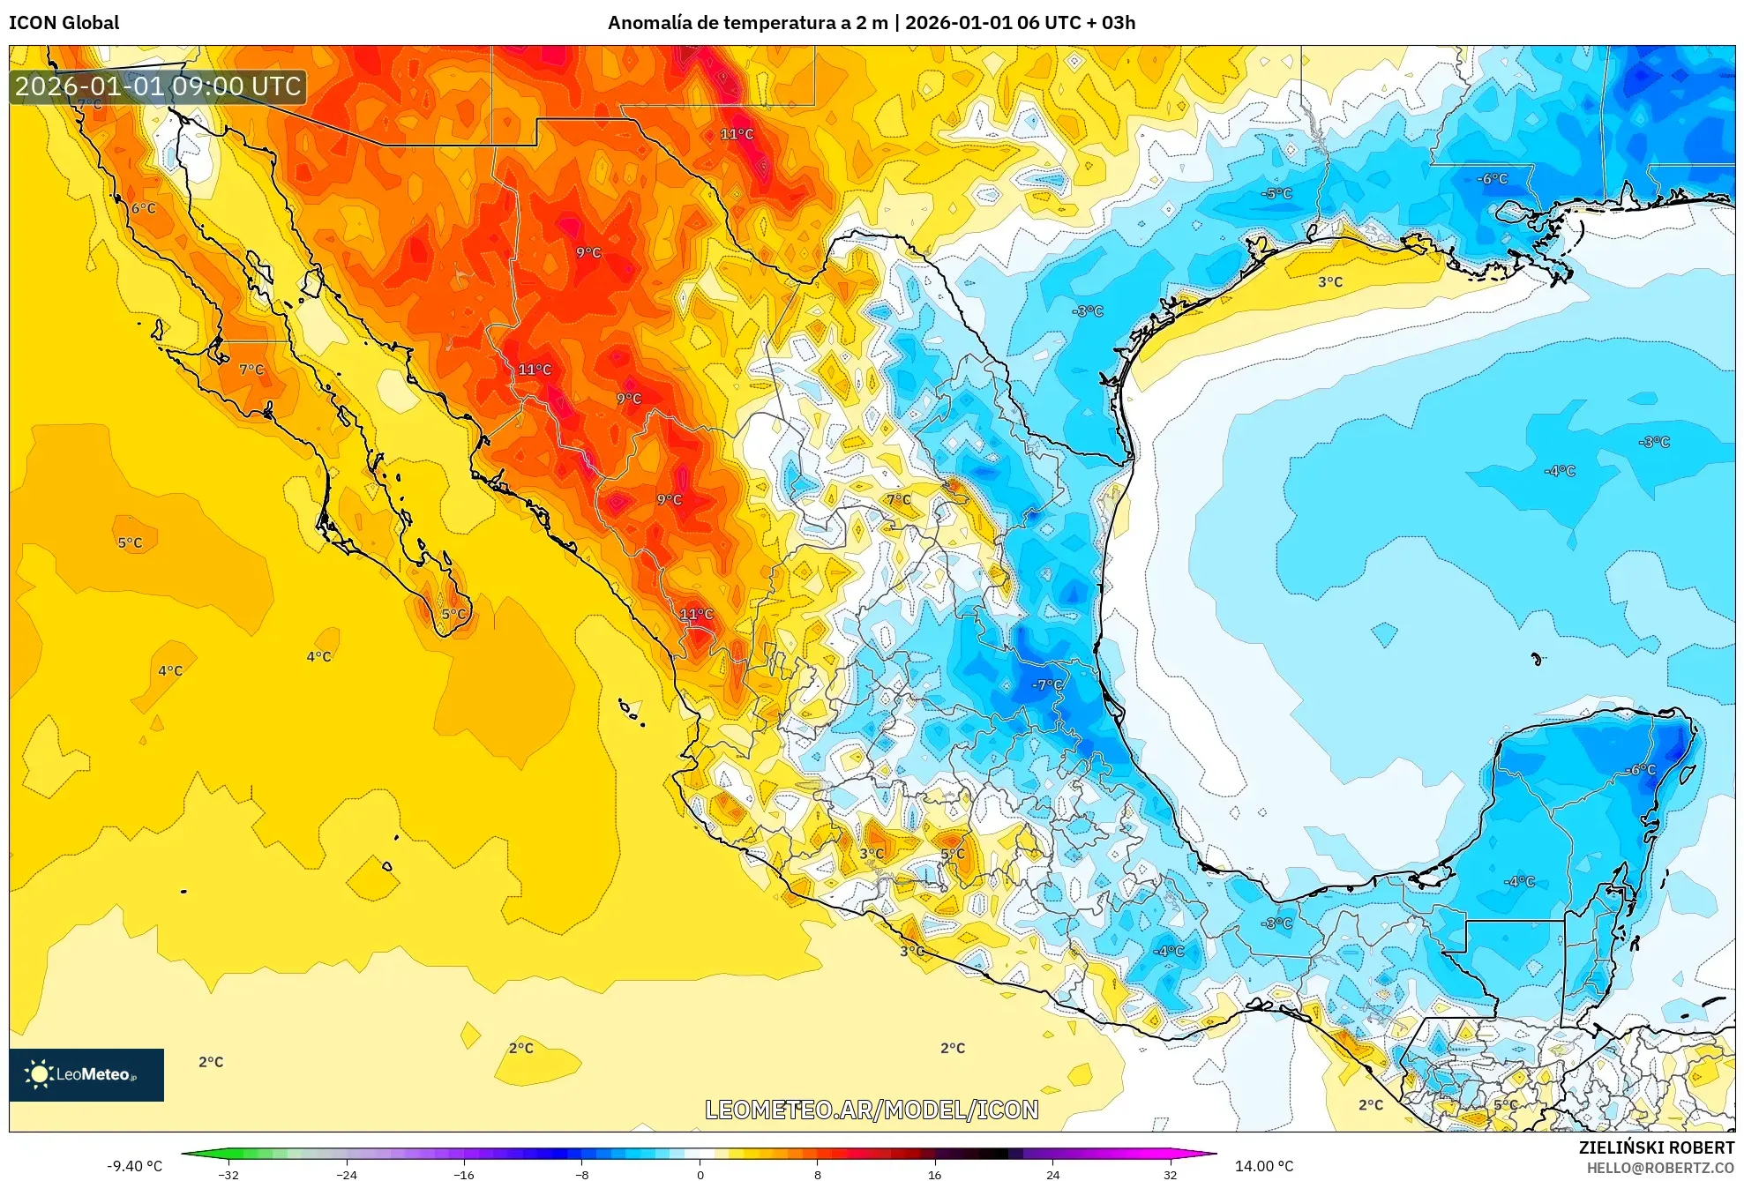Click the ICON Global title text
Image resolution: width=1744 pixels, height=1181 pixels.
coord(64,23)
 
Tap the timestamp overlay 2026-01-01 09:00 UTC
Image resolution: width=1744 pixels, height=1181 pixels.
coord(159,86)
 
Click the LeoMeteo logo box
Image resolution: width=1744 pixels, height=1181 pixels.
coord(86,1074)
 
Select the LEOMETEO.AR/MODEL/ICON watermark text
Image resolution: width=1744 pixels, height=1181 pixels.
coord(872,1110)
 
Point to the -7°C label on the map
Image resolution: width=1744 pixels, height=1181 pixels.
coord(1047,684)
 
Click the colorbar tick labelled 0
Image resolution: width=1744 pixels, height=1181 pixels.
coord(700,1174)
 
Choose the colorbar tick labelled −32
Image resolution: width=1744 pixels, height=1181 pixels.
coord(228,1174)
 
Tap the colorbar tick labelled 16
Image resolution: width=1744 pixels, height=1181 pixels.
coord(934,1174)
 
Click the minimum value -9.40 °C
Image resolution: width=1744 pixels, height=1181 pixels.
coord(135,1166)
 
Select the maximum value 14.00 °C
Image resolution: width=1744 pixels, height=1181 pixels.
coord(1263,1166)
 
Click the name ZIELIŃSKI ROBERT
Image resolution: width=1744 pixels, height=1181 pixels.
coord(1656,1147)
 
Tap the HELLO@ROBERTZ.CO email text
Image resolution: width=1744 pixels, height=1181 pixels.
coord(1660,1168)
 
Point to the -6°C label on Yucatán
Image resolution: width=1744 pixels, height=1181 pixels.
coord(1641,769)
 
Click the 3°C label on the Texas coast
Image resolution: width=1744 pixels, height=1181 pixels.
coord(1330,282)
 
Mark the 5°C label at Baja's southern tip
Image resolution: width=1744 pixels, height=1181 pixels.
coord(453,614)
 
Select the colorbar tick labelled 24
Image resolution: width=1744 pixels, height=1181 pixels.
coord(1052,1174)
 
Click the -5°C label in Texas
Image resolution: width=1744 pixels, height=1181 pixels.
coord(1276,193)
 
